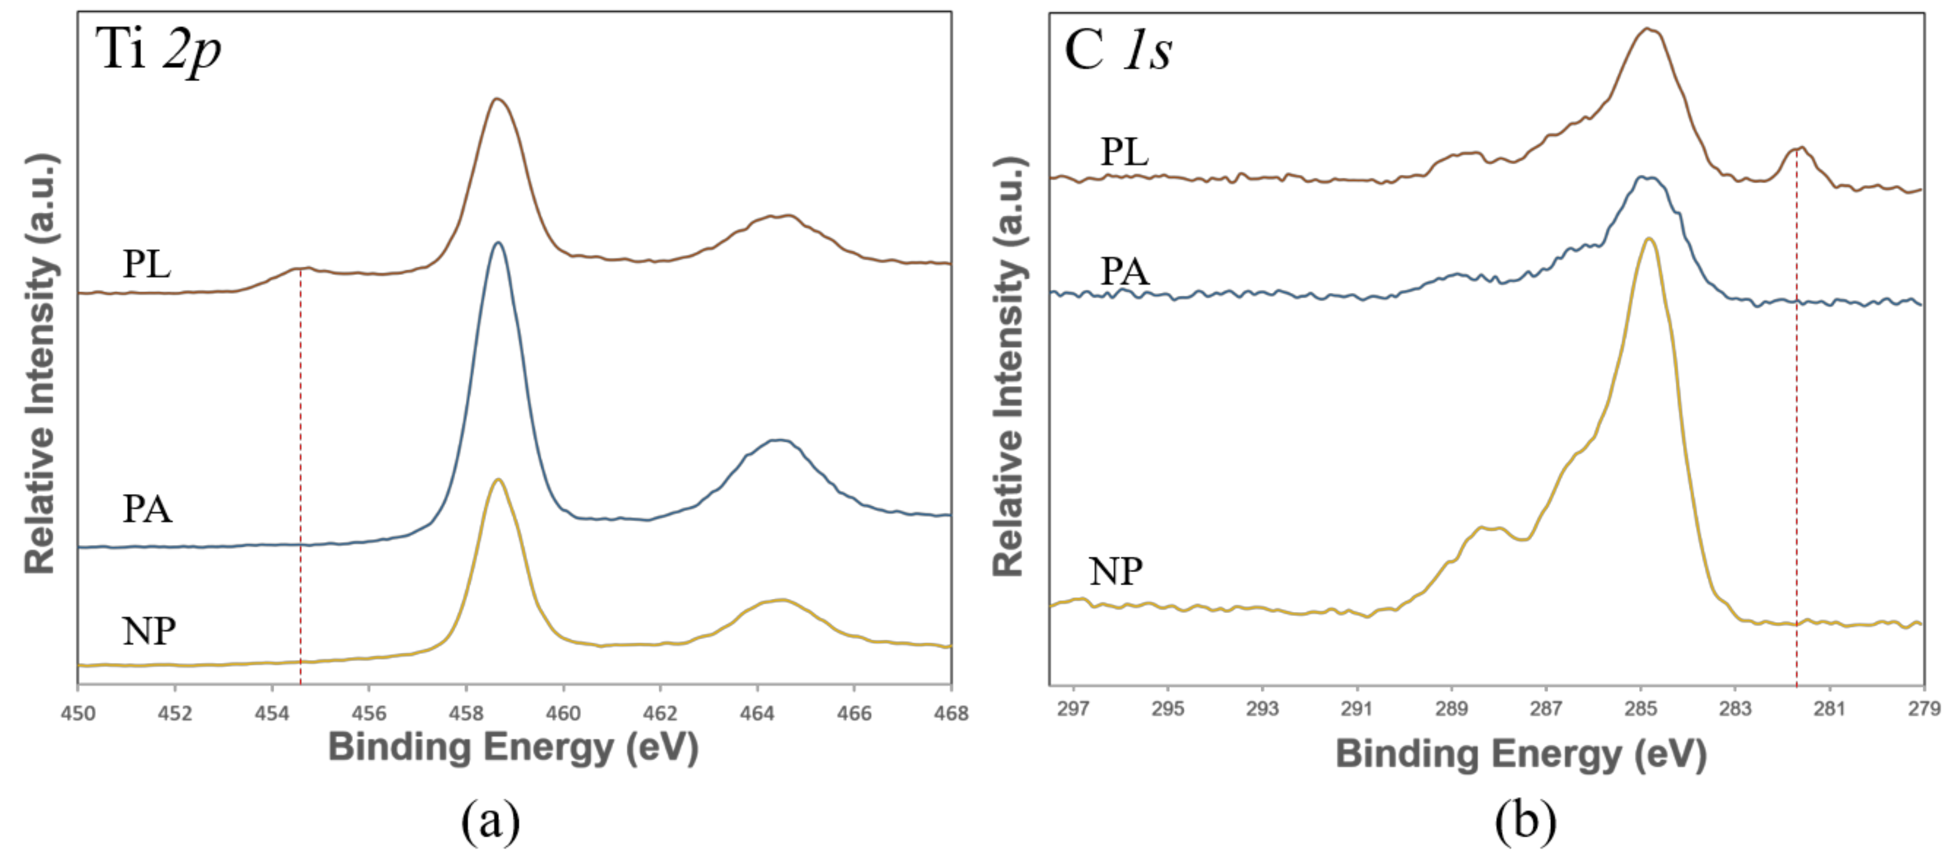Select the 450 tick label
78,713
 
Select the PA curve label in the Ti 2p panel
147,509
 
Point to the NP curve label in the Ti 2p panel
149,631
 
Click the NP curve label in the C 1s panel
1115,571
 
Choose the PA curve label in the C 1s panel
1124,271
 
